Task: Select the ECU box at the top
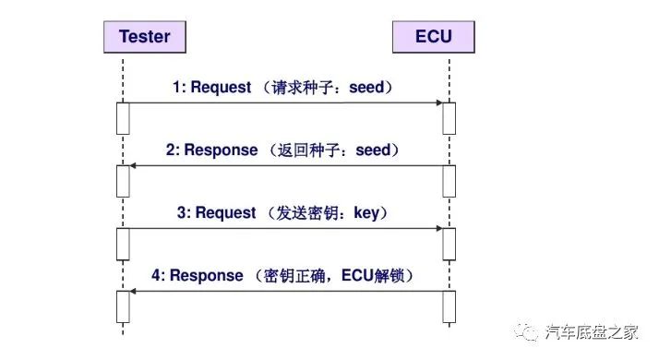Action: click(x=435, y=38)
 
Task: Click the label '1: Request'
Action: click(x=211, y=88)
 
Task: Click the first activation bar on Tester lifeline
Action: click(x=122, y=118)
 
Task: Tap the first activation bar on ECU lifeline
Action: click(x=449, y=118)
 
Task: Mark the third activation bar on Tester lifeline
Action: click(x=122, y=244)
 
